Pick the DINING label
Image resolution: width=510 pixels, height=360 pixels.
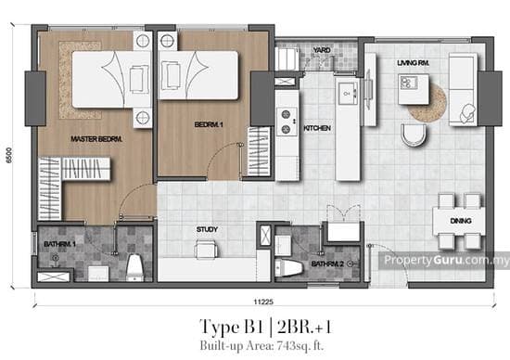461,222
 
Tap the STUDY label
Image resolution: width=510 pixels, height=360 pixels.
206,228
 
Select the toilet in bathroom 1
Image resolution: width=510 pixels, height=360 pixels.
134,266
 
